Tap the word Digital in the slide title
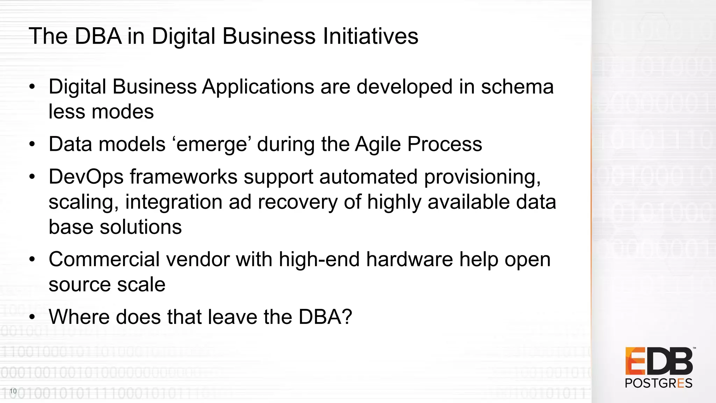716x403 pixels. pos(184,37)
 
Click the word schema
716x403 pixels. pos(517,87)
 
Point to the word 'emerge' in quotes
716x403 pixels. pos(212,144)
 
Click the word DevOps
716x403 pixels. pos(86,177)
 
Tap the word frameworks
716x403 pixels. pos(184,177)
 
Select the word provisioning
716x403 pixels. pos(482,177)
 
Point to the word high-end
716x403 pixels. pos(319,260)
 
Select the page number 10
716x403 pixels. pos(13,391)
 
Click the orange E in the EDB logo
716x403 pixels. pos(635,361)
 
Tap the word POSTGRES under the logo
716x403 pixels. pos(658,383)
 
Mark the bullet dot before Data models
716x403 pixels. pos(32,144)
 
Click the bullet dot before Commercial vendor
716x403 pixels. pos(32,260)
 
